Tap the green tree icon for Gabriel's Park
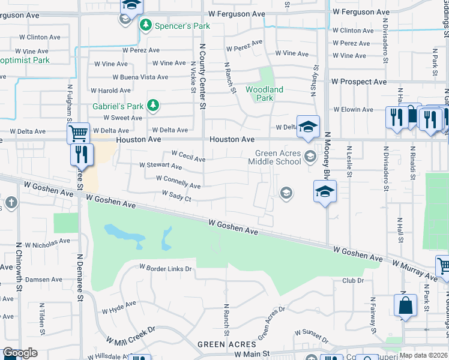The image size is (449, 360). click(x=154, y=106)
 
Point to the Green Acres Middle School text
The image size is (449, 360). click(x=278, y=157)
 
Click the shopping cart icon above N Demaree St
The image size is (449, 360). click(x=79, y=133)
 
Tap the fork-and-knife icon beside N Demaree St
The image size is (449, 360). click(x=82, y=154)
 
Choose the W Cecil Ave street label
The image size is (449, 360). click(x=188, y=156)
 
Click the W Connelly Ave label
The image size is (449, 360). click(x=178, y=182)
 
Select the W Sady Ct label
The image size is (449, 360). click(x=176, y=196)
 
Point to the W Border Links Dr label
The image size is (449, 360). click(x=165, y=268)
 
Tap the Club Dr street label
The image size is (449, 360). click(x=353, y=280)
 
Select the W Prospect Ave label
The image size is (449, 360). click(x=359, y=82)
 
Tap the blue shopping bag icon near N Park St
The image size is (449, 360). click(x=405, y=304)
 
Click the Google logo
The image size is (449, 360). click(x=20, y=353)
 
